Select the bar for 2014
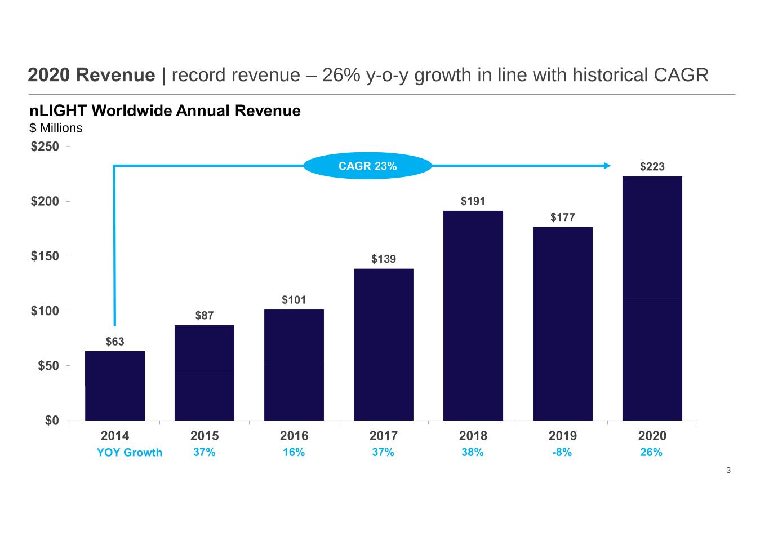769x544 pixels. click(x=115, y=386)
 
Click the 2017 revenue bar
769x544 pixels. click(x=384, y=344)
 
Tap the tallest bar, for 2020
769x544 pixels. click(x=652, y=298)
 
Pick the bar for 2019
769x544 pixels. click(x=563, y=324)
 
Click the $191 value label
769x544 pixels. click(x=473, y=201)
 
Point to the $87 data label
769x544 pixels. click(x=205, y=315)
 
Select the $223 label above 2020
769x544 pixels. click(x=652, y=166)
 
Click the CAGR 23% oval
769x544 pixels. click(x=368, y=166)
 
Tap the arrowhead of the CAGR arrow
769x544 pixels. click(x=607, y=166)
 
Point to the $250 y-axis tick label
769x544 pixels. click(x=45, y=147)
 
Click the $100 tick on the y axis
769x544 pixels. click(x=45, y=311)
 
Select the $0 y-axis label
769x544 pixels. click(x=52, y=421)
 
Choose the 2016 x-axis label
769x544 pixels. click(x=294, y=436)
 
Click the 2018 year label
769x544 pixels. click(x=473, y=436)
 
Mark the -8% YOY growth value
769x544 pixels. click(x=562, y=452)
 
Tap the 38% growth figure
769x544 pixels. click(x=472, y=452)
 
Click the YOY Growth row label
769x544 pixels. click(x=130, y=453)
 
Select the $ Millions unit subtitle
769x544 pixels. click(x=56, y=128)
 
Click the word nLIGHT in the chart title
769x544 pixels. click(x=58, y=111)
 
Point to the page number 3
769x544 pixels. click(x=728, y=470)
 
